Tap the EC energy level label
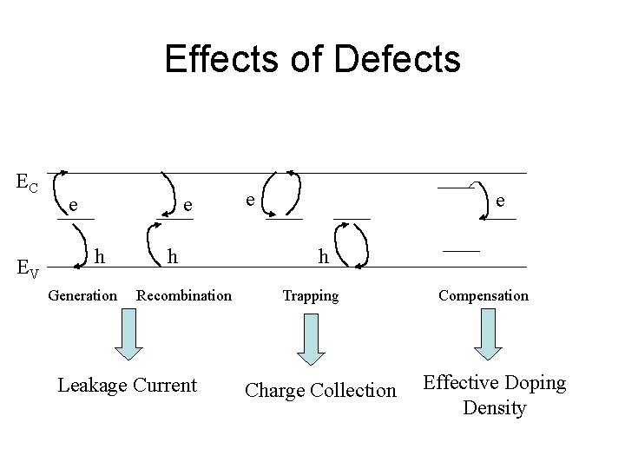(27, 182)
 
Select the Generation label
(82, 295)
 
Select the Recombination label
(184, 295)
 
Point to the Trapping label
(310, 295)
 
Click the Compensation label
(483, 295)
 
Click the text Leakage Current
(127, 385)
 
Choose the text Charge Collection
(320, 391)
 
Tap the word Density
(494, 407)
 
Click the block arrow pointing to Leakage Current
(128, 335)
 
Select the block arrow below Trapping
(310, 339)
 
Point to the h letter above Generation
(101, 256)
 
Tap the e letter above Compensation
(500, 201)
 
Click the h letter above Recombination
(173, 256)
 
